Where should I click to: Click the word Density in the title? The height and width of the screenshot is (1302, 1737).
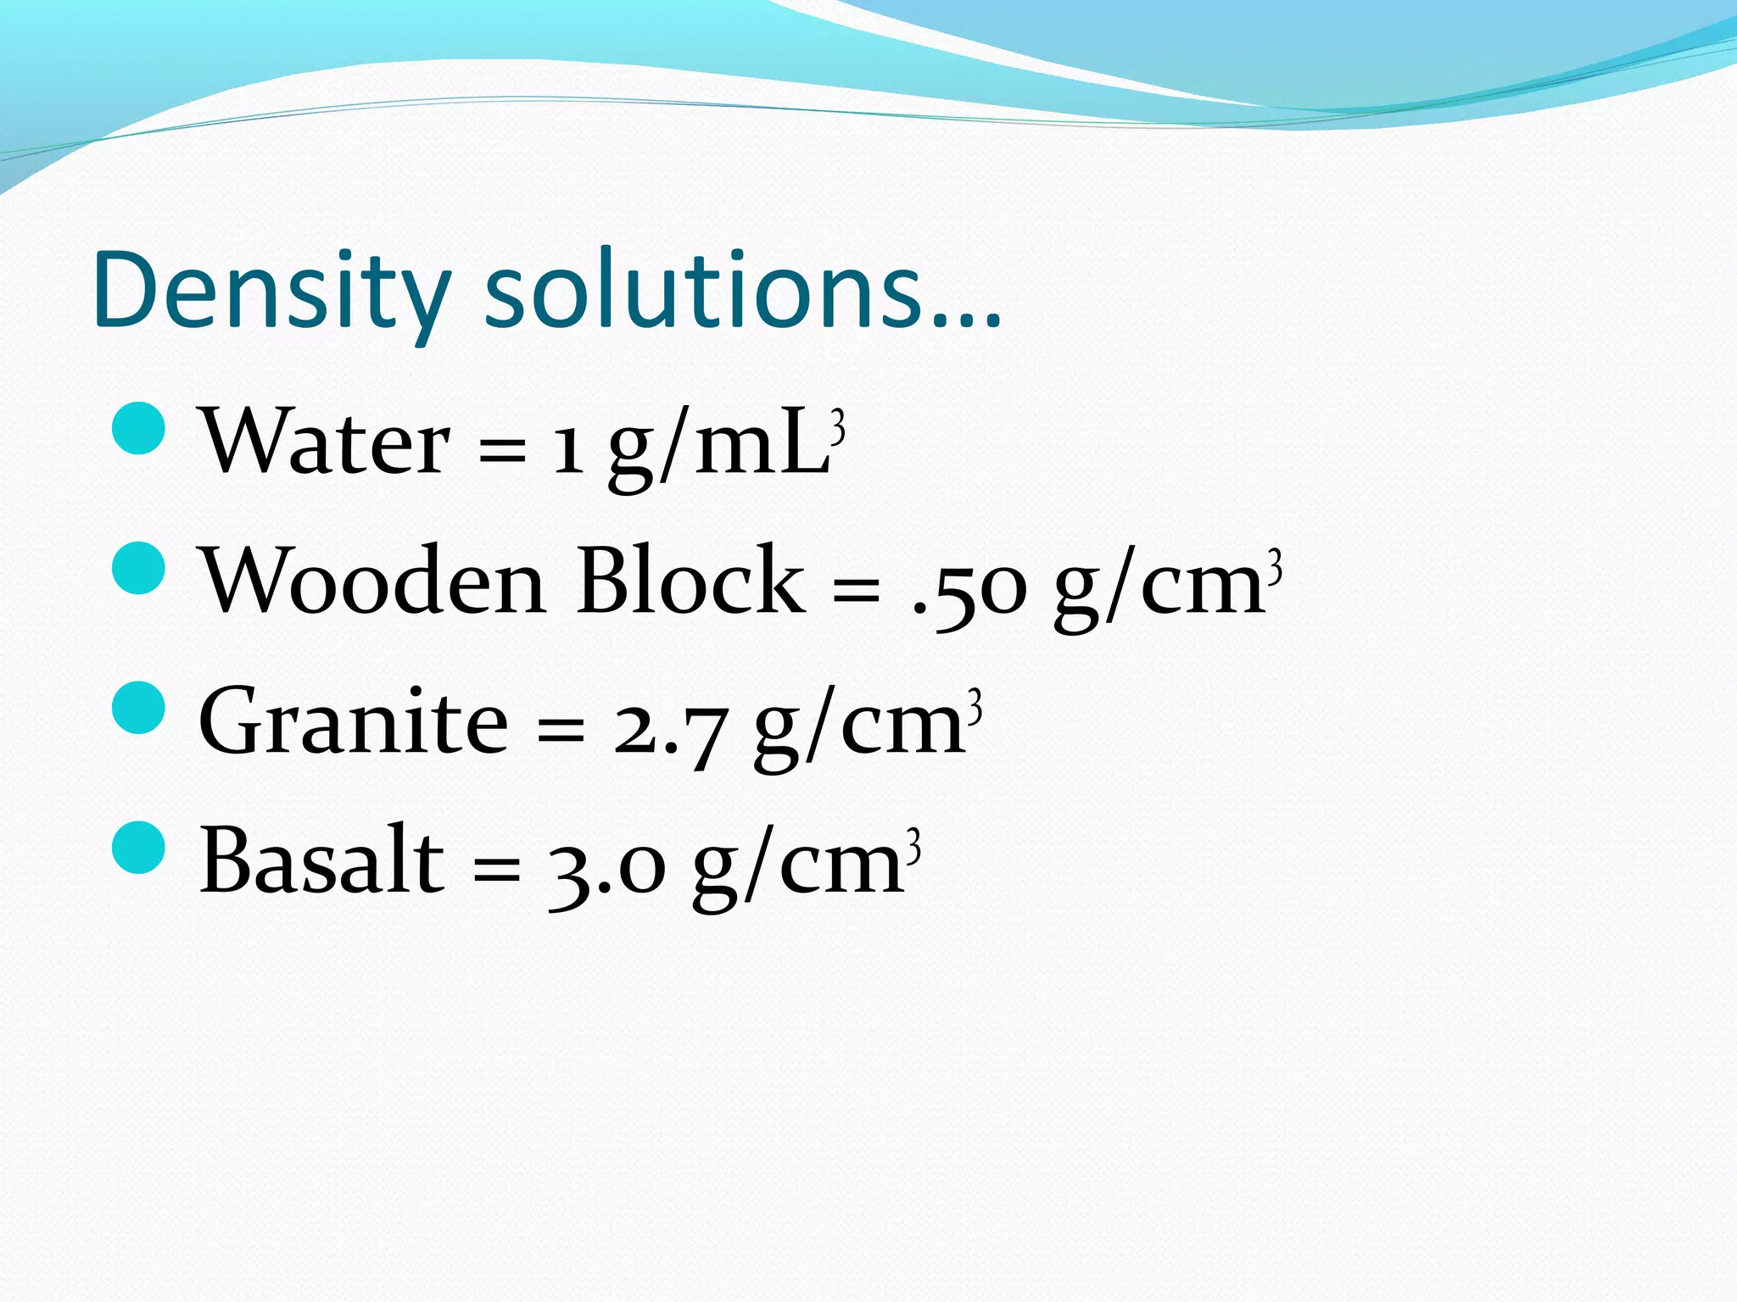tap(271, 292)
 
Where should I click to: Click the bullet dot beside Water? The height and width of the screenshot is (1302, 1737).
tap(137, 429)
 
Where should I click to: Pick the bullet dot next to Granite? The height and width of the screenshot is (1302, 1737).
tap(137, 707)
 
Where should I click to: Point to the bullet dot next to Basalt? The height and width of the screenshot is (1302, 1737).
tap(137, 847)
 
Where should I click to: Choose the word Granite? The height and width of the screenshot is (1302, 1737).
tap(353, 721)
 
